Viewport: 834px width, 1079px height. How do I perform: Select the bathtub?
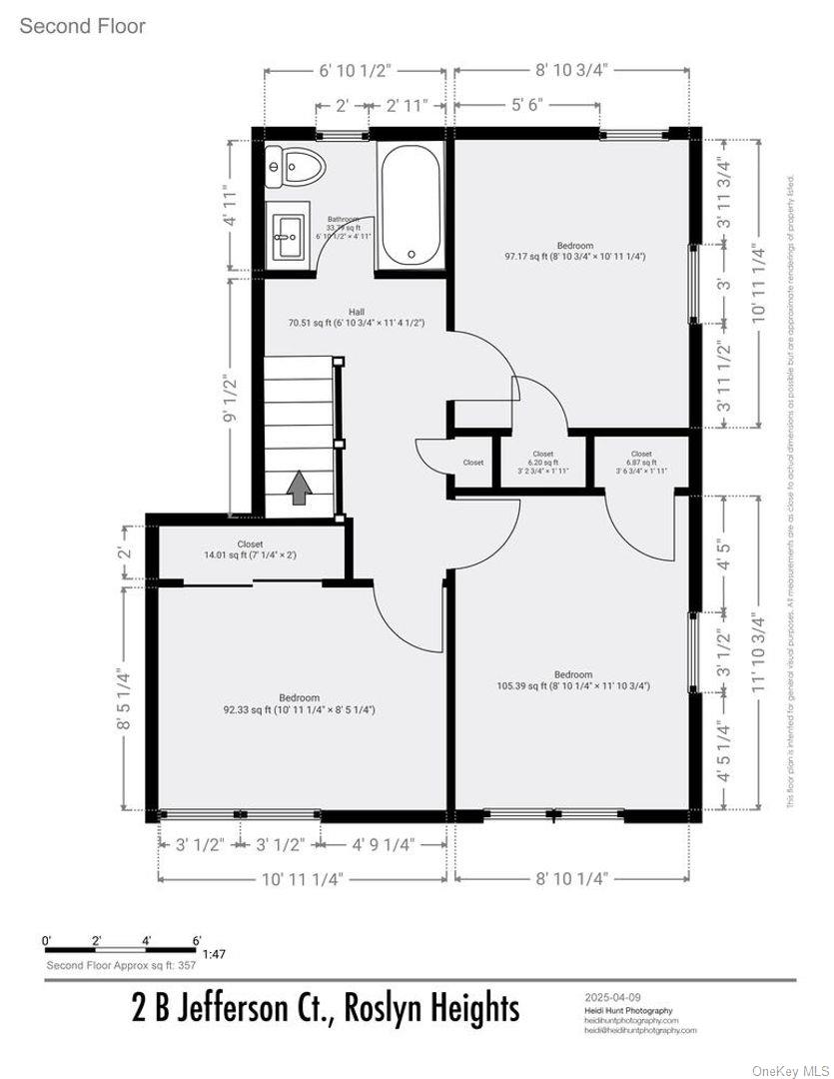412,205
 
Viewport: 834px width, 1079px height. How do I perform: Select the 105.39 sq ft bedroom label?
573,680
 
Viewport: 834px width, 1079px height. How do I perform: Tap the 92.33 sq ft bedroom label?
299,703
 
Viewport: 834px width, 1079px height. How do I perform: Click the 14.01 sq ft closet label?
250,548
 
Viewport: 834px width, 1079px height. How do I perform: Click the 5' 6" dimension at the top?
526,105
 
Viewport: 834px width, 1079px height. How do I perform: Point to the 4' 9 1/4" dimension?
382,844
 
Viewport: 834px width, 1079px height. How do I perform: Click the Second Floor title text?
83,26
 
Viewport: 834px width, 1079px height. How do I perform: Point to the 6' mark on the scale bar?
197,940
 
